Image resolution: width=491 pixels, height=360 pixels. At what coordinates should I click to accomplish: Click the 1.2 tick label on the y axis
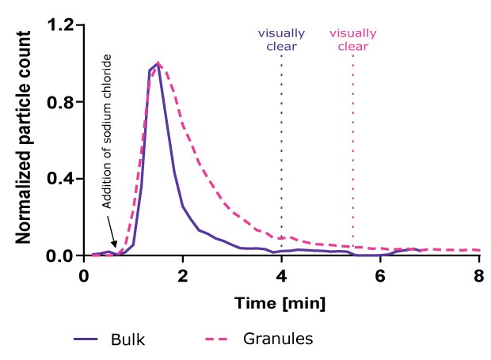click(x=62, y=25)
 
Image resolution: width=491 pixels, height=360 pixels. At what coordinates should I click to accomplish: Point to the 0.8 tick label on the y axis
click(x=62, y=102)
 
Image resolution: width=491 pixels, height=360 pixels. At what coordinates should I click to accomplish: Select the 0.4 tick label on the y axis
click(x=62, y=179)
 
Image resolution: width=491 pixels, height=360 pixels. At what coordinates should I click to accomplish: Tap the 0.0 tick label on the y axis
click(x=62, y=256)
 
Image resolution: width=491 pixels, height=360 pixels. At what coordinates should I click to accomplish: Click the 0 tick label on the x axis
click(x=84, y=276)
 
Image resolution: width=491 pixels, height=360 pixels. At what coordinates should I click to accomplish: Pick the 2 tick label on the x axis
click(x=183, y=276)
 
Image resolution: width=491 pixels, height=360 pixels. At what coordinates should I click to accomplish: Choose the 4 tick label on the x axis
click(x=281, y=276)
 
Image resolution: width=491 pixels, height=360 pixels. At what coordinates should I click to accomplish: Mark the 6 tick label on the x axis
click(x=380, y=276)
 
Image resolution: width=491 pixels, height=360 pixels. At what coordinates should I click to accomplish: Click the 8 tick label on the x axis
click(x=478, y=276)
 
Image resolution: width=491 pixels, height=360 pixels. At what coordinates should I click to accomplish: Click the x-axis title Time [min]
click(x=281, y=303)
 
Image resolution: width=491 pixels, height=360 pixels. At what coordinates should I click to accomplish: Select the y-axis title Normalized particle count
click(x=24, y=139)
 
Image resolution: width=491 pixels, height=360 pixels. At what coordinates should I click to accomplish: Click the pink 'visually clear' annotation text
click(x=352, y=40)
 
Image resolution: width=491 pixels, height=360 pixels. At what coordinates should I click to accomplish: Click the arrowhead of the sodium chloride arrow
click(x=116, y=247)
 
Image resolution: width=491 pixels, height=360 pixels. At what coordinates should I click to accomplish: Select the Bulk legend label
click(x=128, y=339)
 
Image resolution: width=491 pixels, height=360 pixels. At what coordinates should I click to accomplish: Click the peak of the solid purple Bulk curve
click(x=158, y=64)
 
